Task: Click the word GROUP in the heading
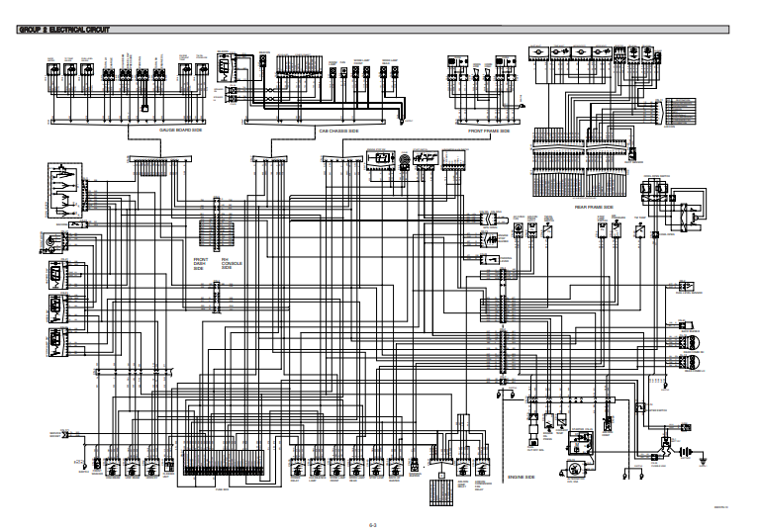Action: pyautogui.click(x=28, y=30)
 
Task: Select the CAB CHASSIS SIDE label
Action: pyautogui.click(x=339, y=131)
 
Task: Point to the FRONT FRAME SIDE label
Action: pyautogui.click(x=489, y=131)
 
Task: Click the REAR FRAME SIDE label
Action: pyautogui.click(x=595, y=208)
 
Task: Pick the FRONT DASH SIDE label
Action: pyautogui.click(x=199, y=263)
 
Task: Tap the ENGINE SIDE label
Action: pyautogui.click(x=522, y=477)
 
